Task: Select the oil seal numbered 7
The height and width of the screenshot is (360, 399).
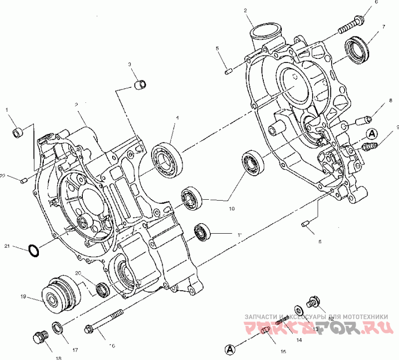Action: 358,48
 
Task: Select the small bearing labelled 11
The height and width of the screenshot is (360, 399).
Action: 203,232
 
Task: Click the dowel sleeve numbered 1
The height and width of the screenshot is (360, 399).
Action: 18,132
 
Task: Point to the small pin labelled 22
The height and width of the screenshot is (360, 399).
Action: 23,180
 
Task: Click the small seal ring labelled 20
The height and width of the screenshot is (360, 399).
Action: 102,290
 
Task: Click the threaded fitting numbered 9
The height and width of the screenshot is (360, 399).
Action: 369,147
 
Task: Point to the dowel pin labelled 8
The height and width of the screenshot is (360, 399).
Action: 363,120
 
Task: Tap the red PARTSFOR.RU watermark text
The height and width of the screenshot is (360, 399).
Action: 319,328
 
